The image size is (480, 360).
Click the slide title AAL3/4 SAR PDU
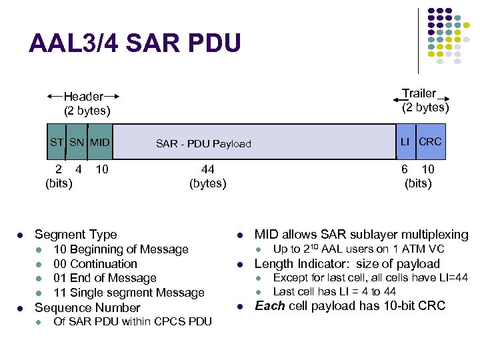(x=134, y=43)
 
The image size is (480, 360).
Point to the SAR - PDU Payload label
(x=203, y=143)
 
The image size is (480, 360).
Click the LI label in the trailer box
(x=405, y=141)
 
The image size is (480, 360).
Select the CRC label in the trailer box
(x=430, y=141)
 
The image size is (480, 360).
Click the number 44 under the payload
(x=207, y=169)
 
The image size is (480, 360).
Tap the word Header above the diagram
(x=83, y=97)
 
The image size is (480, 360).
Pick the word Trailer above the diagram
(x=419, y=93)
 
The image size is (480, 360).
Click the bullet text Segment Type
(x=75, y=234)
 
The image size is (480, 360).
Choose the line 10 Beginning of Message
(x=121, y=249)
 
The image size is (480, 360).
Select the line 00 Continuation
(x=95, y=264)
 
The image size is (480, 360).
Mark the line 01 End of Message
(x=105, y=278)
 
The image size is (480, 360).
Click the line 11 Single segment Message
(x=129, y=293)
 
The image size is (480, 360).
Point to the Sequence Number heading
(x=87, y=307)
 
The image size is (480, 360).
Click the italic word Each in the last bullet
(x=269, y=306)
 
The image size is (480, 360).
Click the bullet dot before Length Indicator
(x=241, y=264)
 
